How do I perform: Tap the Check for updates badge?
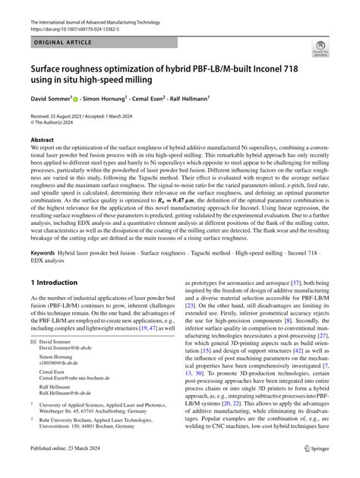323,52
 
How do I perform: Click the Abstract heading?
42,140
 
